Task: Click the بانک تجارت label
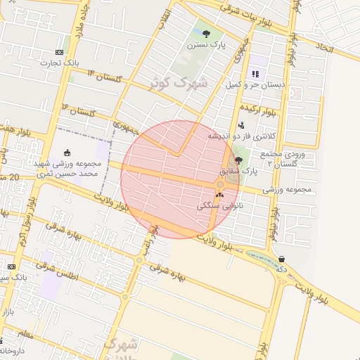[x=60, y=63]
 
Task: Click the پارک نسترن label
[x=205, y=44]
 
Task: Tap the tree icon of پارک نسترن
[x=205, y=34]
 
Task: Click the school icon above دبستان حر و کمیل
[x=255, y=73]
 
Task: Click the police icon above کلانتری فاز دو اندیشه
[x=241, y=125]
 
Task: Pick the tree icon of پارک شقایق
[x=238, y=160]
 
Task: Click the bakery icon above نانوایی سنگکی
[x=219, y=195]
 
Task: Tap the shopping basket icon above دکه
[x=281, y=259]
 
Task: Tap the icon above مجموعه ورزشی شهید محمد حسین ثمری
[x=67, y=152]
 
